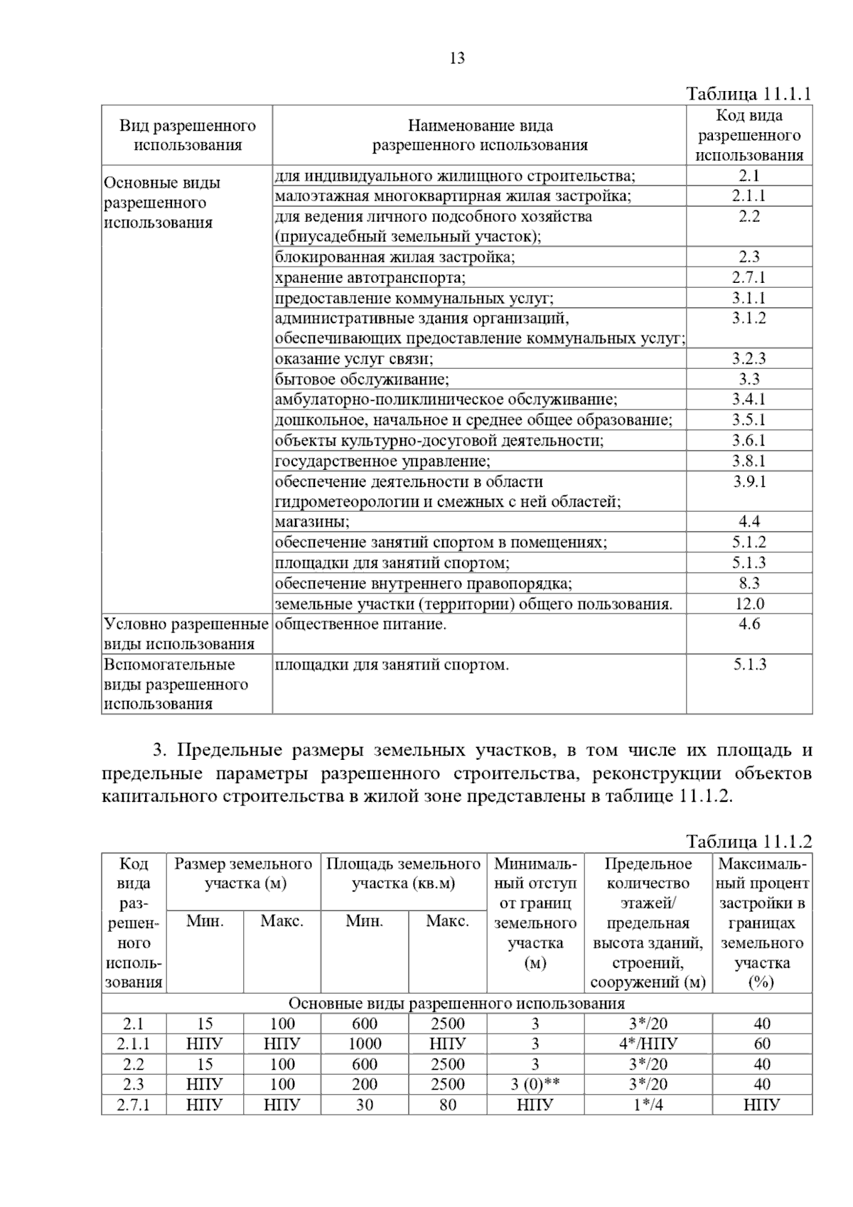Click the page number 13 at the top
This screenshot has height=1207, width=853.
pos(457,58)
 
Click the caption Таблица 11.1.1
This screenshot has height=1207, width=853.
pos(749,95)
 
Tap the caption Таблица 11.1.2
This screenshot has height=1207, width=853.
pos(749,842)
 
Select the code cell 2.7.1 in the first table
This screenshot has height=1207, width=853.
pos(749,277)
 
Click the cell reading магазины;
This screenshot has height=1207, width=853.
pos(313,522)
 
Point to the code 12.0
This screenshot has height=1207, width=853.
pos(749,604)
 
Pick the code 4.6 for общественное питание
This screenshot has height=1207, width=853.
pos(749,624)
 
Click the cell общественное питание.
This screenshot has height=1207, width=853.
pos(360,624)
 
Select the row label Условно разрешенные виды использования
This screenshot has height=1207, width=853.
pos(186,634)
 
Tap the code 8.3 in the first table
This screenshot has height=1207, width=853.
pos(749,584)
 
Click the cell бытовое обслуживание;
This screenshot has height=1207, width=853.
pos(362,379)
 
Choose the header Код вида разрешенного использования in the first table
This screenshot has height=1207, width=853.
pos(749,135)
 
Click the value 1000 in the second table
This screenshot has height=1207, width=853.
pos(364,1044)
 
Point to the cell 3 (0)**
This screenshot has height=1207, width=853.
pos(535,1084)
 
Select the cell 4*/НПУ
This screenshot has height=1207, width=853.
pos(648,1044)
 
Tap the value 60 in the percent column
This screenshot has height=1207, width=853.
pos(761,1044)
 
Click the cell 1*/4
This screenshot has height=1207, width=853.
pos(648,1105)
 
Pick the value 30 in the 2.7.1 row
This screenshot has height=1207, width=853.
pos(364,1105)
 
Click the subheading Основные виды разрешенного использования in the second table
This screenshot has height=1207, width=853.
pos(456,1003)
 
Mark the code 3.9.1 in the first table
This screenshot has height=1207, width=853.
pos(749,481)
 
